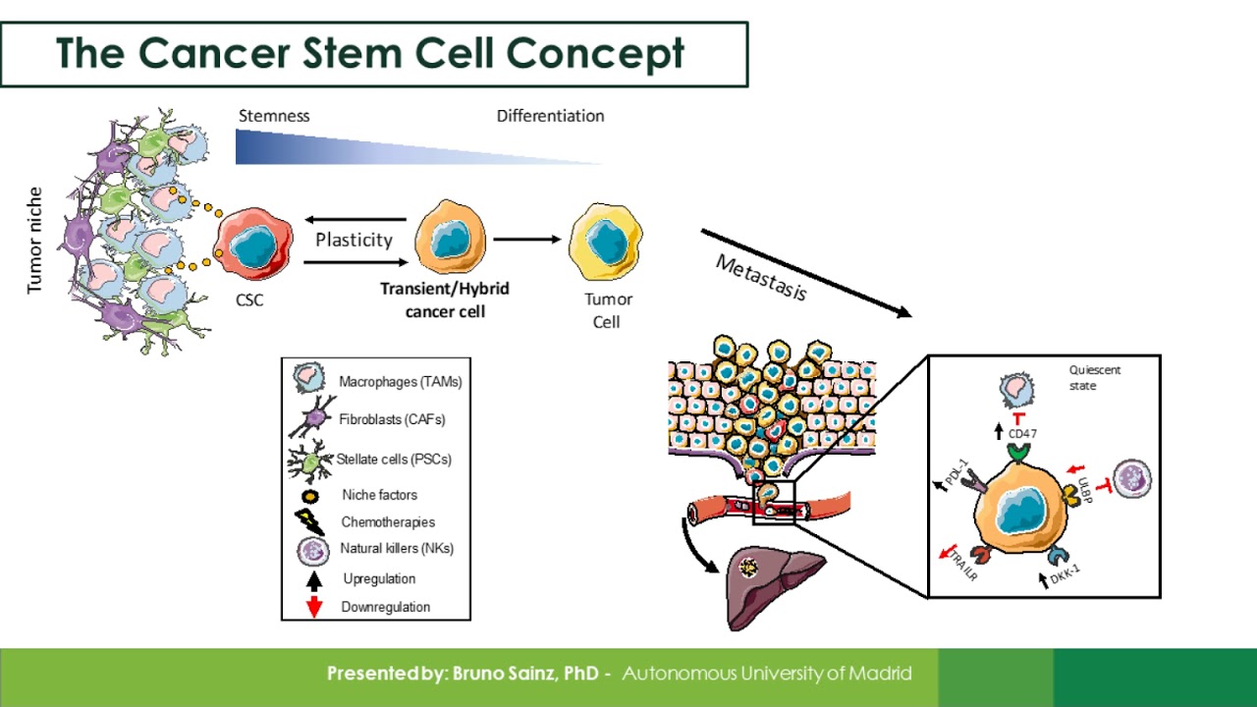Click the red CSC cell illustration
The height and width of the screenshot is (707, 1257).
coord(253,244)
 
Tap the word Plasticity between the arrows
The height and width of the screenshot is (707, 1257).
coord(354,240)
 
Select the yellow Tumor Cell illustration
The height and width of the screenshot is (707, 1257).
coord(606,241)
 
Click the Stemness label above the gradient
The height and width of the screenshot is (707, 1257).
coord(274,116)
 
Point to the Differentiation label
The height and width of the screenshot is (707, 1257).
coord(550,116)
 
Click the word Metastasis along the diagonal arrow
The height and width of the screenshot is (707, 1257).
coord(761,278)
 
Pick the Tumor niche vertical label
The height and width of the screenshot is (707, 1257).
coord(35,241)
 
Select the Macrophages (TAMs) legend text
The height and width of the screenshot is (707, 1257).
coord(400,381)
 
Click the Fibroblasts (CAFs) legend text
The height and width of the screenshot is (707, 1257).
coord(392,419)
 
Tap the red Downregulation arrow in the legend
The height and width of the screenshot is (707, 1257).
coord(314,606)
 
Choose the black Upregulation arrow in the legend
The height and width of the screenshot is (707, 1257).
coord(314,578)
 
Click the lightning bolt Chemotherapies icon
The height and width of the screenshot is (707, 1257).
coord(309,521)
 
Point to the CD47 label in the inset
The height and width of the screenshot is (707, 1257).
coord(1022,433)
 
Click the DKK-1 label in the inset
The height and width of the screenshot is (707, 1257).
coord(1066,574)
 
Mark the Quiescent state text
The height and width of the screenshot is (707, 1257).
coord(1094,378)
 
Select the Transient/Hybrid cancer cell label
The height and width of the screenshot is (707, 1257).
coord(445,299)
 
